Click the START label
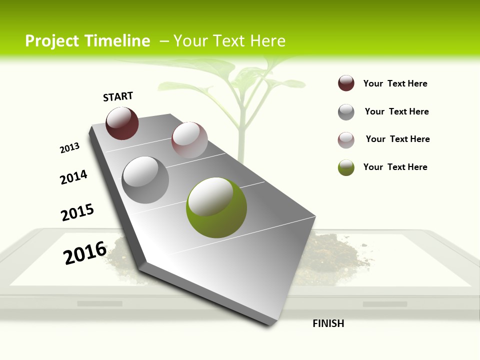point(118,96)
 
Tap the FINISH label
point(328,323)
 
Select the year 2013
point(69,148)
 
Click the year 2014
point(73,177)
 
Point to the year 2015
point(77,212)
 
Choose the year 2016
point(85,252)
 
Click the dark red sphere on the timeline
point(122,123)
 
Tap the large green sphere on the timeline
point(216,207)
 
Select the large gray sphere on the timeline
point(145,179)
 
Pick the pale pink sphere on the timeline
point(189,140)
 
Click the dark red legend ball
point(346,83)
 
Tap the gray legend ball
point(346,112)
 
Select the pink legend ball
point(346,140)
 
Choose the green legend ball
point(346,167)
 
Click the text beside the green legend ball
point(395,167)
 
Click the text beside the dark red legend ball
point(395,83)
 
